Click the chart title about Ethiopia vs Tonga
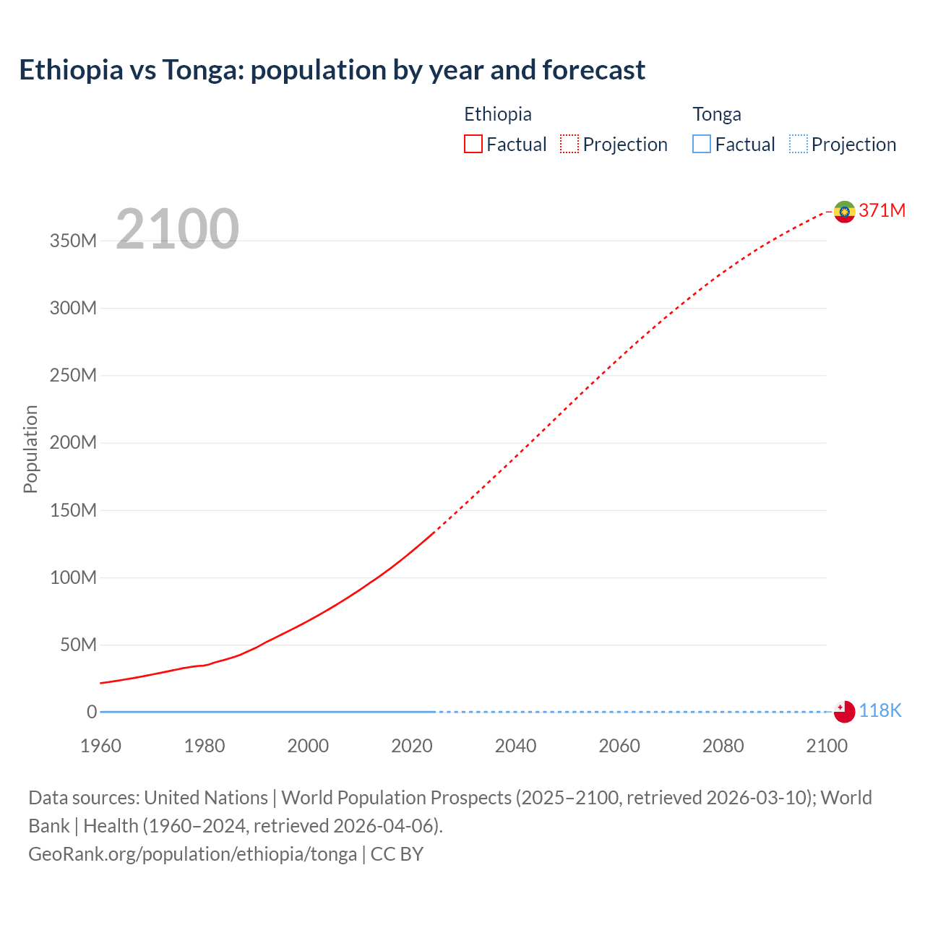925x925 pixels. point(332,70)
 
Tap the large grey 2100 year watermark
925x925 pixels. point(177,229)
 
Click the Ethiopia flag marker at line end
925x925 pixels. point(844,212)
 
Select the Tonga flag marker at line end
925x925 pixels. point(844,711)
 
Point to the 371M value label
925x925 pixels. point(882,210)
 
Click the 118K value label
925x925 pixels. point(880,711)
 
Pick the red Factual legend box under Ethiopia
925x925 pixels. point(473,145)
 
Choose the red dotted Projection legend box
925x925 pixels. point(569,145)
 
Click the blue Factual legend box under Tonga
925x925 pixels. point(702,145)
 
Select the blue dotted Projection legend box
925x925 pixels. point(799,145)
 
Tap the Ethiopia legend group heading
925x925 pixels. point(497,114)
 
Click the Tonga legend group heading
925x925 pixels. point(716,114)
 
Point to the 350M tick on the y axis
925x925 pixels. point(73,241)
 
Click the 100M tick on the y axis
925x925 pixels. point(73,577)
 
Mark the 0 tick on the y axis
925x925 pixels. point(91,712)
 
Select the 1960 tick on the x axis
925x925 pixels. point(100,746)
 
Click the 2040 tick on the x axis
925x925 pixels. point(515,746)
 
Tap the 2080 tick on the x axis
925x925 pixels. point(723,746)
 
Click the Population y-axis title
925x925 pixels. point(30,449)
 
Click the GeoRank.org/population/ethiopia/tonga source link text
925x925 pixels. point(192,854)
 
